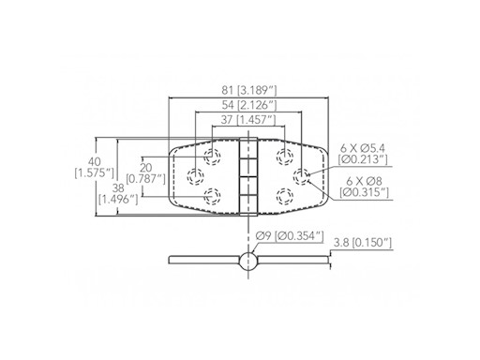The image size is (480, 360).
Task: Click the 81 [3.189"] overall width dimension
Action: [249, 91]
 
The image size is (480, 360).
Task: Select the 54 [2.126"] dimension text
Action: [249, 105]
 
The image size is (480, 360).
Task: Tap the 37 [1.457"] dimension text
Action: [248, 120]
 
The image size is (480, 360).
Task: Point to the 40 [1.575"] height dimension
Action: [94, 168]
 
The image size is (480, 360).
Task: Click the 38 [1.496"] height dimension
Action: [118, 194]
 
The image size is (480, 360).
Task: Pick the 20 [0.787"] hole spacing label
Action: [145, 173]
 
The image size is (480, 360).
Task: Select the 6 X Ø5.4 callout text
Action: [363, 148]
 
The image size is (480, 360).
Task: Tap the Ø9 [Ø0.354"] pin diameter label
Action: [289, 236]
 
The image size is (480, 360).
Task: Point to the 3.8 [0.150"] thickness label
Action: [363, 243]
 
